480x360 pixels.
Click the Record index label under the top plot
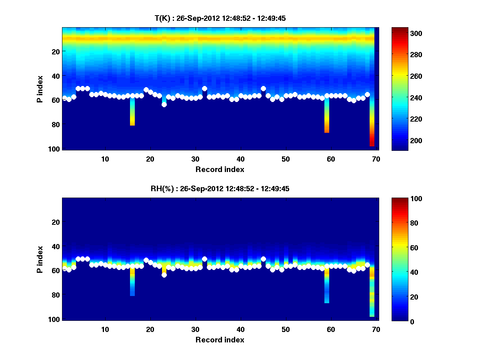click(x=220, y=169)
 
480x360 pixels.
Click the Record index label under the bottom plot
click(x=220, y=340)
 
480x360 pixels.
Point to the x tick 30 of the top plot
click(x=195, y=159)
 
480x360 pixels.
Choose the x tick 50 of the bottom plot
click(x=286, y=329)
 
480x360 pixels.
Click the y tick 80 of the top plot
click(x=55, y=124)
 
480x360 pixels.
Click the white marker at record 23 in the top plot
click(x=164, y=104)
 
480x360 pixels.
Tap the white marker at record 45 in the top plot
click(x=263, y=88)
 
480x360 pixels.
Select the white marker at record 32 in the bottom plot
click(x=204, y=259)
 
